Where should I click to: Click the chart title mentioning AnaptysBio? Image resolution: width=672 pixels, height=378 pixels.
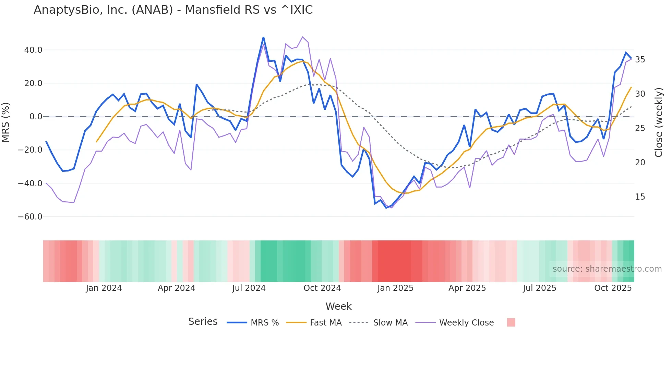click(x=173, y=10)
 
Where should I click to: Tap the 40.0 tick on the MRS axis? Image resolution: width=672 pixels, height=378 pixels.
click(x=33, y=50)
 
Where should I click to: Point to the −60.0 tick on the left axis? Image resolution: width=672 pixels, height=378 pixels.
click(x=30, y=217)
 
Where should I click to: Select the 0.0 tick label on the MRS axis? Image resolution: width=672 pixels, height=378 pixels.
click(x=36, y=117)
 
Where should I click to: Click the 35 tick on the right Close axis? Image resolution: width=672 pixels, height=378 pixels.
click(x=640, y=60)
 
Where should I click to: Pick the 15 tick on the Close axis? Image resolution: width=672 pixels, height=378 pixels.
click(x=640, y=197)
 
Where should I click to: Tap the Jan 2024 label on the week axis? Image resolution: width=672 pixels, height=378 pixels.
click(x=104, y=288)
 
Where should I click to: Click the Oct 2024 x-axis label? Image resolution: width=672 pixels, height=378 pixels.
click(x=322, y=288)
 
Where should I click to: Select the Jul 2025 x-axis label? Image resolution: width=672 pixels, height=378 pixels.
click(x=539, y=288)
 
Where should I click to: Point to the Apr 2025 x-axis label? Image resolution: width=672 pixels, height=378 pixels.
click(x=467, y=288)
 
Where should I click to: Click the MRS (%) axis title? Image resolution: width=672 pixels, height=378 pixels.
click(x=6, y=122)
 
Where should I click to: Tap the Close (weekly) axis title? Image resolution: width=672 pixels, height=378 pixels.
click(x=659, y=122)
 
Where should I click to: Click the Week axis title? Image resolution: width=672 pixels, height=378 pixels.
click(x=338, y=306)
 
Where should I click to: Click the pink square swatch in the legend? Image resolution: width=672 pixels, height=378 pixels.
click(x=511, y=322)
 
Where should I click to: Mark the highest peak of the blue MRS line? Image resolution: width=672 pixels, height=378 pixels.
click(x=263, y=37)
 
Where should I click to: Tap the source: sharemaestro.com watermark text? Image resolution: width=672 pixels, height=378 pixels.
click(x=607, y=269)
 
